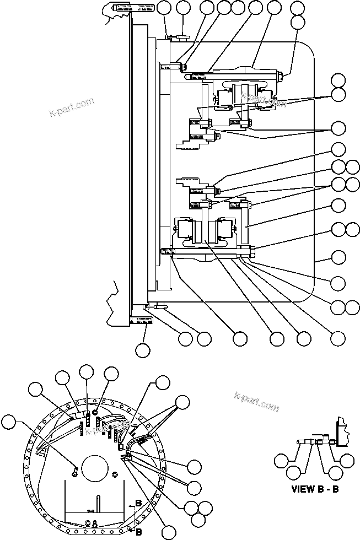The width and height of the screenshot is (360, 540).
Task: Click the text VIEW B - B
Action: [318, 488]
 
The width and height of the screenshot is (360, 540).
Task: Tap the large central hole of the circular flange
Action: [95, 472]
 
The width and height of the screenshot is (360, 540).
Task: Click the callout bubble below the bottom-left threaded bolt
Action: [142, 349]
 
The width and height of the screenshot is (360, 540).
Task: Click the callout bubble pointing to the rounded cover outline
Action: [338, 256]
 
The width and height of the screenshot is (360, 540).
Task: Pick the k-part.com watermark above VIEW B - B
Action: [257, 402]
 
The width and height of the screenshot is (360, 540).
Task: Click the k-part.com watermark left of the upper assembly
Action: [71, 109]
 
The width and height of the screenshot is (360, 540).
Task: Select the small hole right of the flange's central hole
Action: [115, 475]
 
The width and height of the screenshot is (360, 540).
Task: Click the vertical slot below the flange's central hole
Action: [99, 504]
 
